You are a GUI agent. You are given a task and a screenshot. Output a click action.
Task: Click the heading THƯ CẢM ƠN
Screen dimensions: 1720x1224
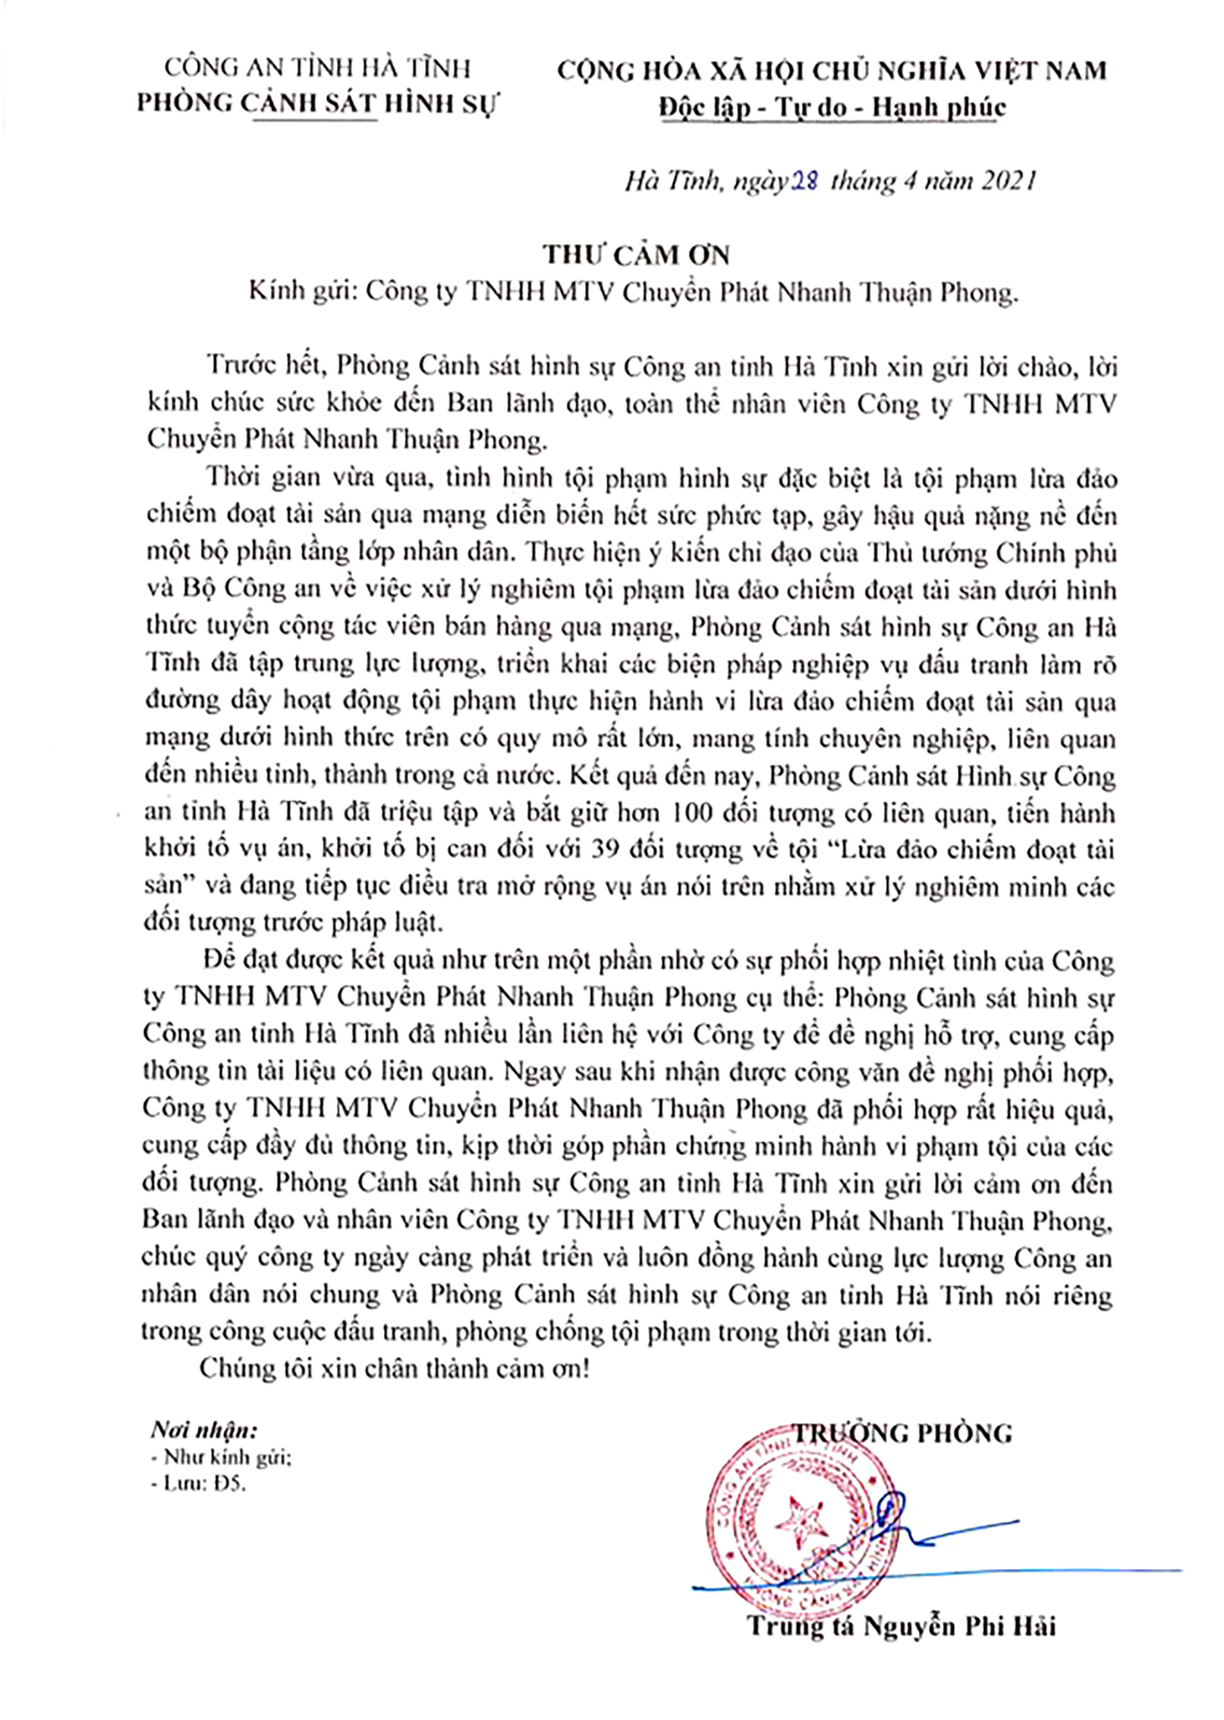click(x=638, y=255)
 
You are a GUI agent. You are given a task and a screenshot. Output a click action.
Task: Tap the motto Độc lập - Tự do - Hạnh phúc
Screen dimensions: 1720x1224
click(x=832, y=107)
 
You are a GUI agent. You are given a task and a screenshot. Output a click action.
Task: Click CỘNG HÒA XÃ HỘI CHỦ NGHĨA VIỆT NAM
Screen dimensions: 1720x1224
click(x=832, y=71)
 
